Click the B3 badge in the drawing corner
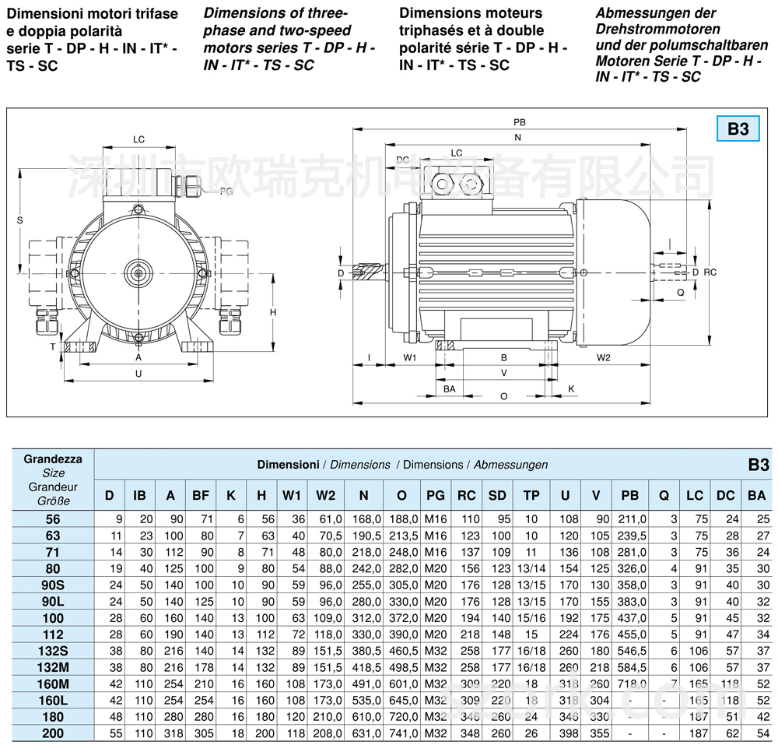pos(738,128)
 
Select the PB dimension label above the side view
pos(519,122)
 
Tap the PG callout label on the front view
pos(226,191)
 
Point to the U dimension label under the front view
pos(138,374)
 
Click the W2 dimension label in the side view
pos(603,357)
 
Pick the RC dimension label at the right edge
pos(709,272)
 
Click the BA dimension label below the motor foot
pos(449,388)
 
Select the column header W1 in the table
pos(292,495)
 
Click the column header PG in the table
pos(436,495)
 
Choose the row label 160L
pos(54,700)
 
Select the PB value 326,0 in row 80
pos(633,569)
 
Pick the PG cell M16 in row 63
pos(436,536)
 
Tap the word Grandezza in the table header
pos(54,459)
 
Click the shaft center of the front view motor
pos(138,272)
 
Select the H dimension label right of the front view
pos(273,311)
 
